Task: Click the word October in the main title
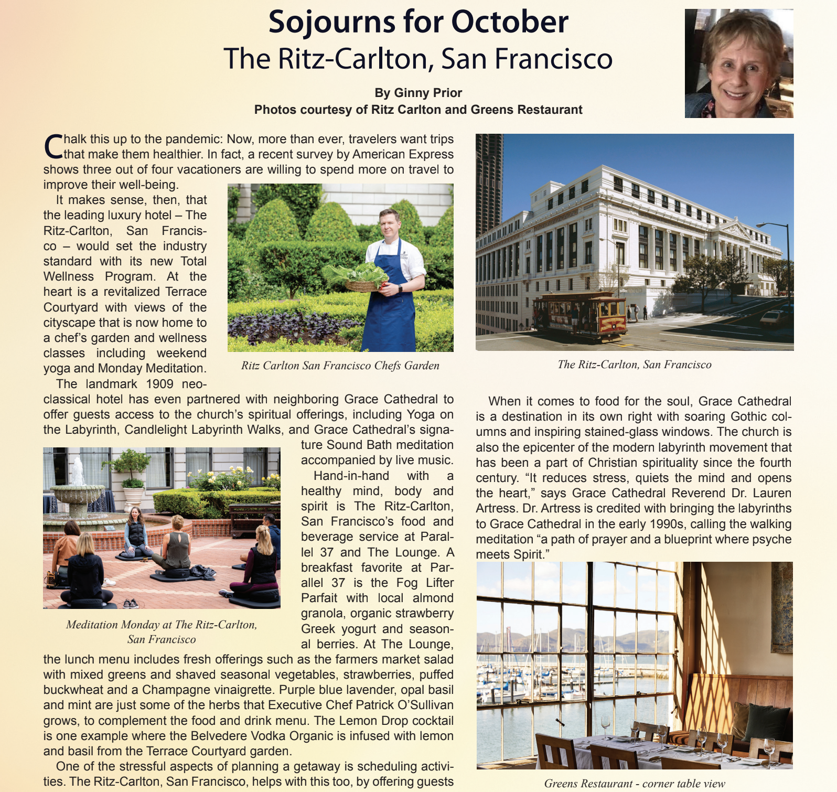pos(509,22)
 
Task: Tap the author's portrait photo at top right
pos(738,63)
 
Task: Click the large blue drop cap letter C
pos(53,146)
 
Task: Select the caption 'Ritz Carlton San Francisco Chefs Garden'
pos(340,366)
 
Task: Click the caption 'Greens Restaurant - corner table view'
pos(635,784)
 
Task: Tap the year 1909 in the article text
pos(159,384)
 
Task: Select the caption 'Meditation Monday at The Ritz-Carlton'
pos(162,625)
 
